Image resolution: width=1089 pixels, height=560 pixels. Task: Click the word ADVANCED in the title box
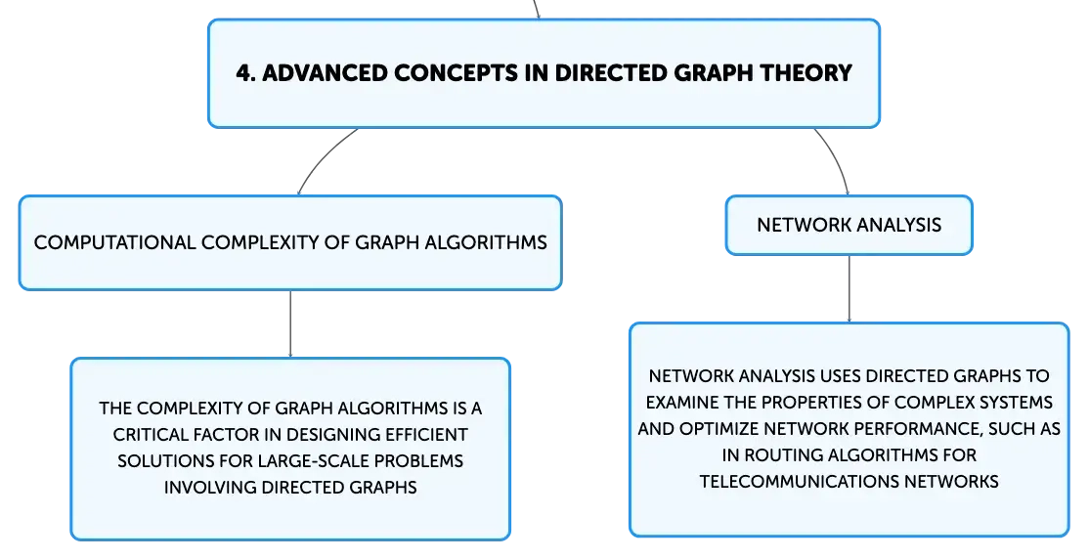click(x=324, y=73)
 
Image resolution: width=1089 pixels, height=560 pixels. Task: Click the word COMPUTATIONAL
click(x=114, y=242)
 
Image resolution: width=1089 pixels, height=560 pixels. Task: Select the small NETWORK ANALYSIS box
click(x=849, y=225)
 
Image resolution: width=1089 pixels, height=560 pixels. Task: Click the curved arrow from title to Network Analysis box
click(x=838, y=158)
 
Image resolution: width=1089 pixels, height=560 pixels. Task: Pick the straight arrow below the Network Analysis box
click(x=849, y=288)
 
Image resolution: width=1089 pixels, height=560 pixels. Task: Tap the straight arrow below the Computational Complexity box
click(x=290, y=324)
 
